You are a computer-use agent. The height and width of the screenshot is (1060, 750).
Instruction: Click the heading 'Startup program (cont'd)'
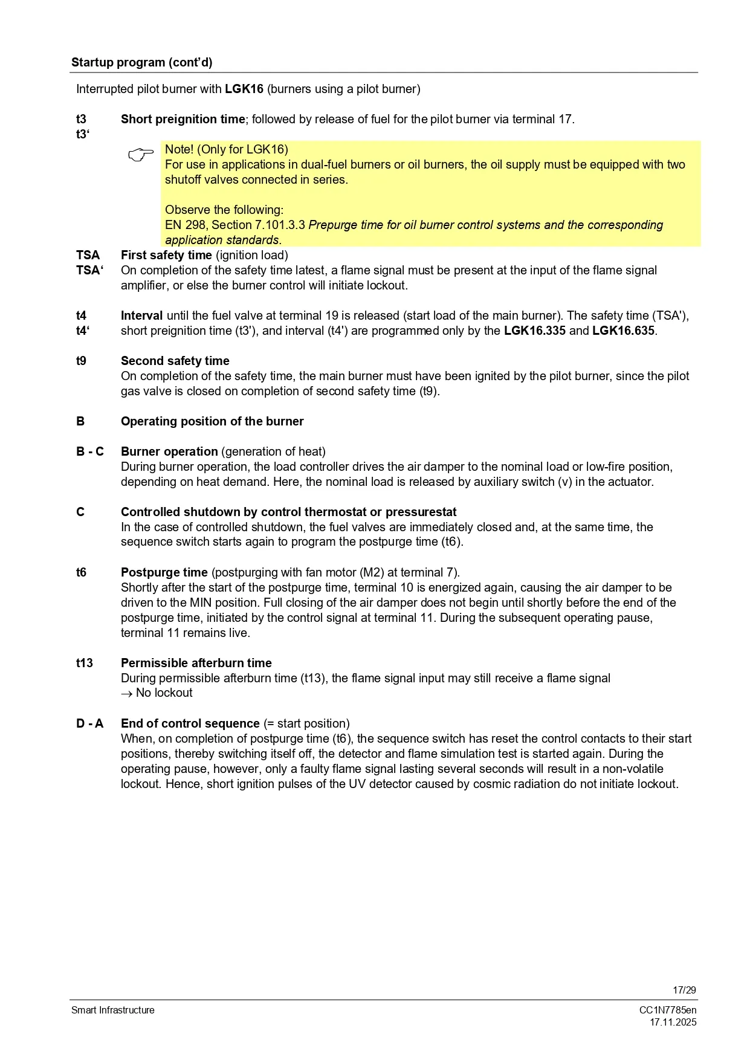click(141, 62)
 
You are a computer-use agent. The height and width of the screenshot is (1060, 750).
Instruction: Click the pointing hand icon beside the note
click(141, 155)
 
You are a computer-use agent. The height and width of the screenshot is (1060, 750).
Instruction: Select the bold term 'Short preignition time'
click(183, 119)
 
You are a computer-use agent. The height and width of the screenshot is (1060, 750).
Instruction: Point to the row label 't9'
click(81, 361)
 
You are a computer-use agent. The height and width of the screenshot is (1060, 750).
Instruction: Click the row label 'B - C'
click(89, 451)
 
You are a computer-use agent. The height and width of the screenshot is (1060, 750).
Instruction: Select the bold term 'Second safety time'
click(175, 361)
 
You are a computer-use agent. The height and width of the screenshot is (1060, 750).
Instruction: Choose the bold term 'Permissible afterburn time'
click(196, 663)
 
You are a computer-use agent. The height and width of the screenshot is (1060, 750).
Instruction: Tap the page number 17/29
click(684, 990)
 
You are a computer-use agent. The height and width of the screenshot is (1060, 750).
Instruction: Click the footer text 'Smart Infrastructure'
click(112, 1010)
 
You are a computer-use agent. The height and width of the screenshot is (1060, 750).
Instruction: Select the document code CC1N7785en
click(668, 1010)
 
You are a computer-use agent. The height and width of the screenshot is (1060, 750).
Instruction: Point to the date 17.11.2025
click(673, 1022)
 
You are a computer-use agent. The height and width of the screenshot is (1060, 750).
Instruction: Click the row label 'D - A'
click(89, 723)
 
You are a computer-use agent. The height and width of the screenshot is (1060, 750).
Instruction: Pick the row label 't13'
click(84, 663)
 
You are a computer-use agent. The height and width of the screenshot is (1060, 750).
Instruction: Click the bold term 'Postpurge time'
click(164, 572)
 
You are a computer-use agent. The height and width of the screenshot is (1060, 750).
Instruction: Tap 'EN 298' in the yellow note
click(186, 225)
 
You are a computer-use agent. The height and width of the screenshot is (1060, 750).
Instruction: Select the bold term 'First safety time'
click(166, 255)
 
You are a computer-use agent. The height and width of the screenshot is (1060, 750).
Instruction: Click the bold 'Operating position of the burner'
click(212, 421)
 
